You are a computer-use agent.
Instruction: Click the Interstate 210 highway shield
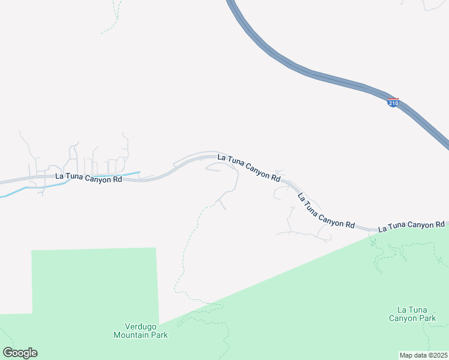pyautogui.click(x=393, y=103)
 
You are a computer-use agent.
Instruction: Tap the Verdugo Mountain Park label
pyautogui.click(x=140, y=331)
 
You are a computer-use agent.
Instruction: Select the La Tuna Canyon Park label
pyautogui.click(x=412, y=314)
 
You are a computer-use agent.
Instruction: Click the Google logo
pyautogui.click(x=20, y=353)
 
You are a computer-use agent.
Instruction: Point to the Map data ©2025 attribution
pyautogui.click(x=423, y=355)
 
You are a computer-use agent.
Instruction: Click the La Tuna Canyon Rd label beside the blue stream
pyautogui.click(x=88, y=178)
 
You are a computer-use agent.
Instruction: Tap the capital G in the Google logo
pyautogui.click(x=8, y=353)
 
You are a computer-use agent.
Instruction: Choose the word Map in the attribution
pyautogui.click(x=406, y=355)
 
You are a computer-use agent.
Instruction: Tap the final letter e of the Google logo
pyautogui.click(x=34, y=353)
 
